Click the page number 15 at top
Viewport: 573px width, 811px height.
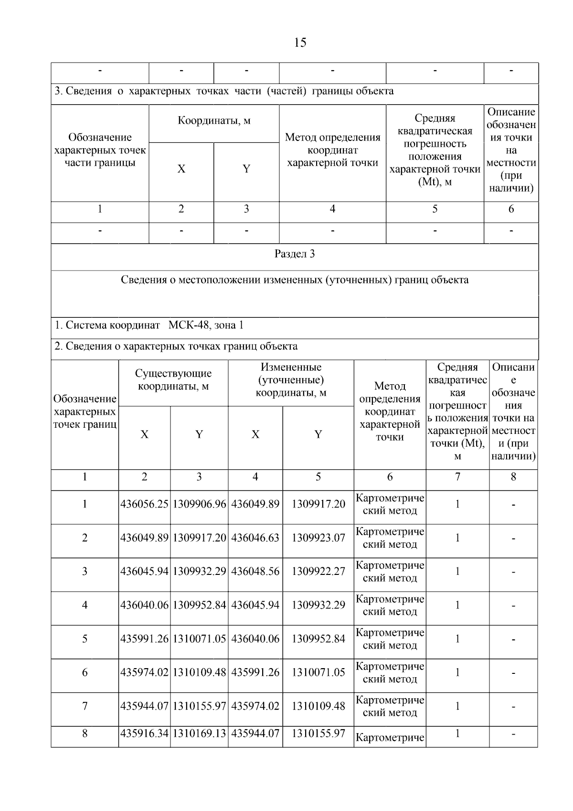[x=300, y=43]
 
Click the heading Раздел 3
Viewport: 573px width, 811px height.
[x=295, y=254]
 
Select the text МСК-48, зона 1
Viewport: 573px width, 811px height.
[x=206, y=325]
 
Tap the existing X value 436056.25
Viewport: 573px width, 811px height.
[x=144, y=504]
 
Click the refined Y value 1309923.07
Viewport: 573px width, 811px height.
[x=318, y=538]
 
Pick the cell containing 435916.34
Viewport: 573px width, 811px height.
[x=144, y=734]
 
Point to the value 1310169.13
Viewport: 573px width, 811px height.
[x=199, y=734]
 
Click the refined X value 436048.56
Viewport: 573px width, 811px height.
[x=255, y=572]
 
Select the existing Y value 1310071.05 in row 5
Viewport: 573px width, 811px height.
[x=199, y=639]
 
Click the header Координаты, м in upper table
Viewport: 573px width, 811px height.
[x=214, y=121]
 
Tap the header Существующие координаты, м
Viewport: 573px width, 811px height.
[x=173, y=380]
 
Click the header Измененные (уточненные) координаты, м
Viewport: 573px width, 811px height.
[x=291, y=380]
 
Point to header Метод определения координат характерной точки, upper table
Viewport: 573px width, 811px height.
[x=332, y=150]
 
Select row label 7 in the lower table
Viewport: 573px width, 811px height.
[x=85, y=706]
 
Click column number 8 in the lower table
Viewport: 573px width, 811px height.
[x=513, y=477]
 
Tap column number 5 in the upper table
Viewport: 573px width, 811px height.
[x=435, y=209]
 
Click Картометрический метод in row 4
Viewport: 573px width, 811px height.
[x=390, y=606]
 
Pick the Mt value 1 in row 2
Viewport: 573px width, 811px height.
[x=457, y=538]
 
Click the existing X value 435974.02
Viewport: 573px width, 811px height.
[x=144, y=673]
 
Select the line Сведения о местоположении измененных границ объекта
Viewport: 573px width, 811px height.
[x=295, y=280]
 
